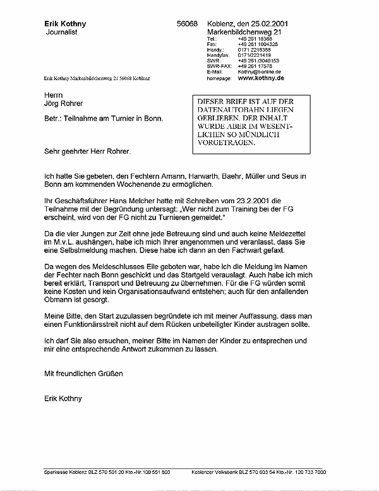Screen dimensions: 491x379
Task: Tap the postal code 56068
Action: click(188, 24)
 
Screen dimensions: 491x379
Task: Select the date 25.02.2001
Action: click(272, 24)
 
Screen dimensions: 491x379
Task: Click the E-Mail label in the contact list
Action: click(215, 71)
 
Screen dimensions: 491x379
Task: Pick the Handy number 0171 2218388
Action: click(256, 49)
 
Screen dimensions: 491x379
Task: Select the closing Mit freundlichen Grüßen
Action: click(75, 373)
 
